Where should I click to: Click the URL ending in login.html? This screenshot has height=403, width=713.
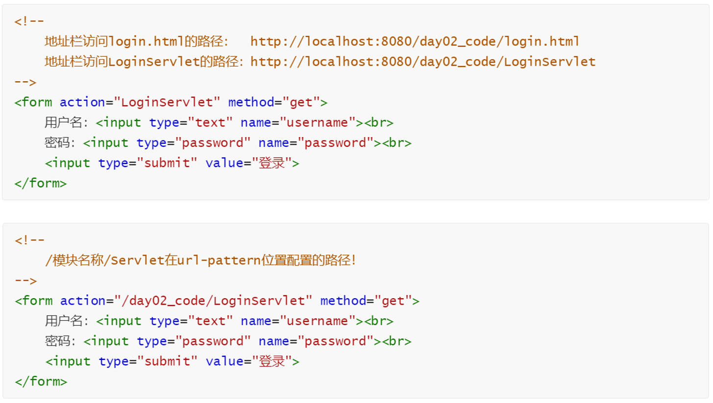pos(415,42)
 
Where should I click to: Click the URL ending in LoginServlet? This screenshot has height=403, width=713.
pos(423,62)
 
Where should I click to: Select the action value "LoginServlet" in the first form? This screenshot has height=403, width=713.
pos(167,102)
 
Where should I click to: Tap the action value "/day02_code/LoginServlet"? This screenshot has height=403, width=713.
pos(213,301)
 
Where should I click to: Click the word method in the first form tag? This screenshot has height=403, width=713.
pos(251,102)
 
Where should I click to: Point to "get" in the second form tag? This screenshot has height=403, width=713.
pos(393,301)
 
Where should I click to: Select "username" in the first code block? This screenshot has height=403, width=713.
pos(318,123)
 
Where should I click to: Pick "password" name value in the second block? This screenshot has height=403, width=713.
pos(336,341)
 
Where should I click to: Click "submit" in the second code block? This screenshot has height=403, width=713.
pos(167,362)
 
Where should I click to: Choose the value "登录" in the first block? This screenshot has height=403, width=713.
pos(271,164)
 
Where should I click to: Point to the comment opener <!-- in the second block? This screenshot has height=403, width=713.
pos(29,240)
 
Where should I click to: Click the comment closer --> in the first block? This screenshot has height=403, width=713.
pos(25,82)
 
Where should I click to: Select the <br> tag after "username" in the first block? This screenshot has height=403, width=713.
pos(378,123)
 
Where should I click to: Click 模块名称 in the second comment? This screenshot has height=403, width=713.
pos(75,261)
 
